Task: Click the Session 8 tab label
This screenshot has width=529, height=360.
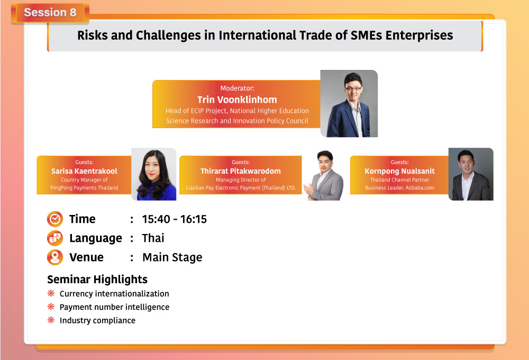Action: [50, 13]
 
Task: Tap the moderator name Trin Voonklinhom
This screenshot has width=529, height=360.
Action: [237, 100]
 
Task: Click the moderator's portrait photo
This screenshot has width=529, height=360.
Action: [349, 103]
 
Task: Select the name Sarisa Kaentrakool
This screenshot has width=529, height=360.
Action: [84, 171]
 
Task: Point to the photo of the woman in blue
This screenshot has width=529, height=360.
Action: [154, 174]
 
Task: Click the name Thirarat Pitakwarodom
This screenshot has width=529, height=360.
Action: [241, 171]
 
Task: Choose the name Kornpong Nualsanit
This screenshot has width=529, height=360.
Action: [400, 171]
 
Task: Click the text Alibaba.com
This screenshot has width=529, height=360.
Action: [419, 188]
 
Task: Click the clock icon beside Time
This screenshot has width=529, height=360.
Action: [55, 219]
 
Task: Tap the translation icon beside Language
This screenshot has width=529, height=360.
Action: [55, 238]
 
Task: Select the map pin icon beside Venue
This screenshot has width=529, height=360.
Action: [55, 257]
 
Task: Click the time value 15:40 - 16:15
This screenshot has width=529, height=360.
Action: [174, 219]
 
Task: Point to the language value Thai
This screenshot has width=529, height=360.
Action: [153, 238]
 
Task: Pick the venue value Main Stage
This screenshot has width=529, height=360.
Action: [172, 257]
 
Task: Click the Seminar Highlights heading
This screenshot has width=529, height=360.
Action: [97, 280]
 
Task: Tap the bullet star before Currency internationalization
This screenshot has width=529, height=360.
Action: [51, 293]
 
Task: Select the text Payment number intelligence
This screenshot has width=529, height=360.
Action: [114, 307]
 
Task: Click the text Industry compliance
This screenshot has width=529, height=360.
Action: [97, 320]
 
